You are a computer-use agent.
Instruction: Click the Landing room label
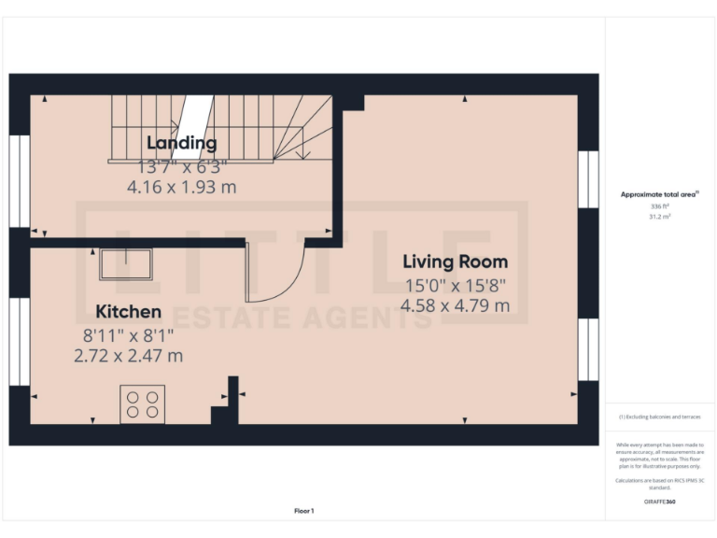point(182,143)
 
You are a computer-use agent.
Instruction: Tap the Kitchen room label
point(129,311)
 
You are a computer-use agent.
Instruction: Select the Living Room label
point(455,262)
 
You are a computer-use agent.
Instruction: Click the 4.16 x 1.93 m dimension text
point(182,187)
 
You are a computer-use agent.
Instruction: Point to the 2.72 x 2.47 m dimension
point(129,355)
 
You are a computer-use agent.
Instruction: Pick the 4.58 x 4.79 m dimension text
point(455,304)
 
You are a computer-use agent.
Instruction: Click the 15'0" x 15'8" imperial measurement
point(455,284)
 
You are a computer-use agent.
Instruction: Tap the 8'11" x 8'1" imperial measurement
point(129,333)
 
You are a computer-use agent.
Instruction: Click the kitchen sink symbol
point(126,264)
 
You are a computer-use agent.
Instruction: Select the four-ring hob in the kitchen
point(142,403)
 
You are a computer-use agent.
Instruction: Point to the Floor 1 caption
point(304,511)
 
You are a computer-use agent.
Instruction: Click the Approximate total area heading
point(659,194)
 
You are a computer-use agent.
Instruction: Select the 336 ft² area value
point(659,205)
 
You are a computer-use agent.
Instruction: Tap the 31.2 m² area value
point(659,216)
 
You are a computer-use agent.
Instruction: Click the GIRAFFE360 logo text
point(659,503)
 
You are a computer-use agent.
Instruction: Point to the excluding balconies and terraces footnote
point(659,417)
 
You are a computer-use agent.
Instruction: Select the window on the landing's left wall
point(20,181)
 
